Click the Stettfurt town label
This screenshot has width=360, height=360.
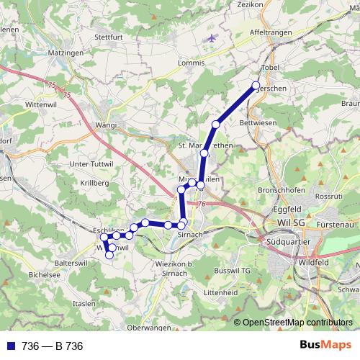pos(109,35)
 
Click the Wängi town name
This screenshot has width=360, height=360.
pos(106,125)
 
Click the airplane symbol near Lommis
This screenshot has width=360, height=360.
pos(210,37)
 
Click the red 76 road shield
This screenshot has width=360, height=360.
pos(201,204)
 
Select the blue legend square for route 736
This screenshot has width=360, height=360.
pos(9,346)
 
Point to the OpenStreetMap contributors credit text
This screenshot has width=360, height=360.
pos(297,323)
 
